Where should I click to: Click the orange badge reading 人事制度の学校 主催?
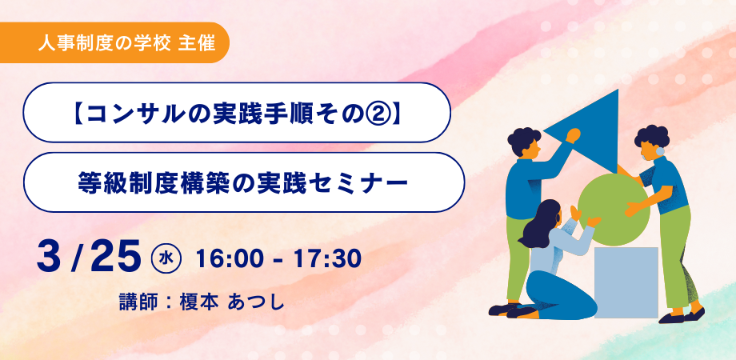click(x=114, y=42)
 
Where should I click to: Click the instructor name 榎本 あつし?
click(x=232, y=302)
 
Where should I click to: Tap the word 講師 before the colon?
click(x=137, y=302)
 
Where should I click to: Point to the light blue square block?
click(x=626, y=282)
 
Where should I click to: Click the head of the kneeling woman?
click(x=550, y=217)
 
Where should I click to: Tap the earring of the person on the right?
click(x=660, y=152)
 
